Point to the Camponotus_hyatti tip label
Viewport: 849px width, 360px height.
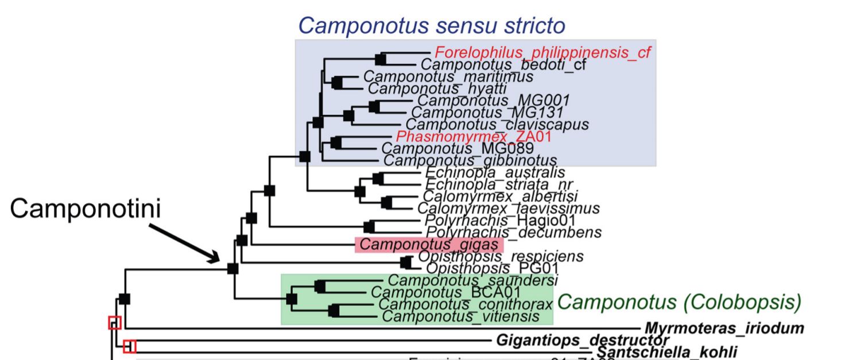click(x=437, y=88)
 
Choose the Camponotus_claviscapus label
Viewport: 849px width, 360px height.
click(x=497, y=124)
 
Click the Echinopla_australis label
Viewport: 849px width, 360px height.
click(x=495, y=172)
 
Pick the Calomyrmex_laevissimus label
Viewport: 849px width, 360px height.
click(x=508, y=208)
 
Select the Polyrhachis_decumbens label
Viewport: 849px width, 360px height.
click(x=513, y=232)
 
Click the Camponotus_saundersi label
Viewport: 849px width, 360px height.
click(x=472, y=280)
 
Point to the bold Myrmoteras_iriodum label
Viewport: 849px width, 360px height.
click(x=724, y=328)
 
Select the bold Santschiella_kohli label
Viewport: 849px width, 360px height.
click(x=666, y=352)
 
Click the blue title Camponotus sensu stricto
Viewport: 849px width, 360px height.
click(x=432, y=26)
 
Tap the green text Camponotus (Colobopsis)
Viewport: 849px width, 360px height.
click(x=679, y=301)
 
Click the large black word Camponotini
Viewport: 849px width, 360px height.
click(x=85, y=209)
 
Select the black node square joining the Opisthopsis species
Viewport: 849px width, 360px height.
click(x=406, y=262)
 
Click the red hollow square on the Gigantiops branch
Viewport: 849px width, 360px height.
click(x=130, y=346)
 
